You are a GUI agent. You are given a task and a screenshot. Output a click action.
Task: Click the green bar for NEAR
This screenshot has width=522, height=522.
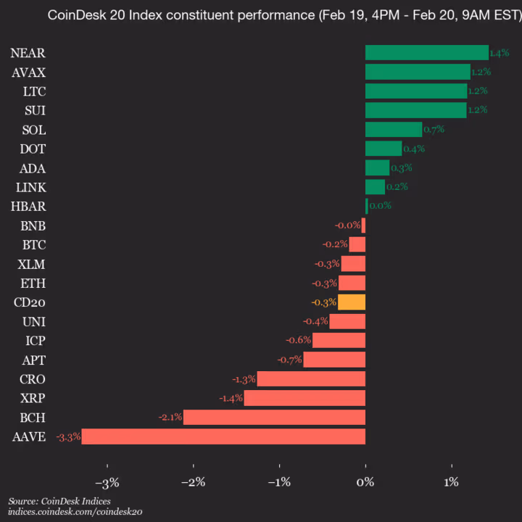(426, 53)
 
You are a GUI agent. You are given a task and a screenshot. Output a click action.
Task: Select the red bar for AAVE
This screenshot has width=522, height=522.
(223, 436)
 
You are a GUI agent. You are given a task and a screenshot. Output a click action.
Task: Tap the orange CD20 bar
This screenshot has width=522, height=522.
(352, 302)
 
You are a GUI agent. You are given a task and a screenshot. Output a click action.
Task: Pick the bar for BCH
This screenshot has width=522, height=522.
(274, 417)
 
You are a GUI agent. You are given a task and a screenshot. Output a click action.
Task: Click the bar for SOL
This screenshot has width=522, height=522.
(394, 129)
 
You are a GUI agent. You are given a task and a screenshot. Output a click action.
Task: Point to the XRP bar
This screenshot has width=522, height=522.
(304, 398)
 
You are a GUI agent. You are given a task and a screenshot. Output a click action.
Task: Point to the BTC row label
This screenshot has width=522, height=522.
(33, 244)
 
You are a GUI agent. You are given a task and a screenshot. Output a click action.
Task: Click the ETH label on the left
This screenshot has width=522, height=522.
(33, 283)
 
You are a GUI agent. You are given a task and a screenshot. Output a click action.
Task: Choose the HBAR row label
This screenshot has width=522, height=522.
(28, 206)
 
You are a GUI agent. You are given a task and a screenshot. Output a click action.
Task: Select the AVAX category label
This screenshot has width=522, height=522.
(29, 72)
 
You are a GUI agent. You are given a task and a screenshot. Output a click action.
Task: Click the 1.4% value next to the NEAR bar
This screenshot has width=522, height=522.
(500, 53)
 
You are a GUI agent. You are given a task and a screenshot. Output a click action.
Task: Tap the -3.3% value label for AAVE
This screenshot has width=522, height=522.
(68, 436)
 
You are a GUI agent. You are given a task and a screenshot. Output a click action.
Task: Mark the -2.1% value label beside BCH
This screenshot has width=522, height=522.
(170, 417)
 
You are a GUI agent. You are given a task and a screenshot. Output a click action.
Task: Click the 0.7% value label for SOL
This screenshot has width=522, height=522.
(434, 129)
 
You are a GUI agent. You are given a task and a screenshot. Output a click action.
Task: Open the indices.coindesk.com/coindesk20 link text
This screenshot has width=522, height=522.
(75, 511)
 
